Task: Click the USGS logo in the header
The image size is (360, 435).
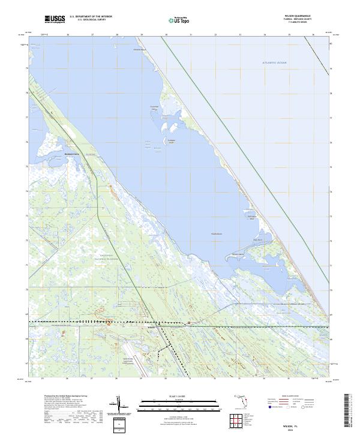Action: point(55,19)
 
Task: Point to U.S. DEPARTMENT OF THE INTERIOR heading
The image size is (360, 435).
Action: point(91,17)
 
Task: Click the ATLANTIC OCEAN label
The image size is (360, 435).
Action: point(275,62)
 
